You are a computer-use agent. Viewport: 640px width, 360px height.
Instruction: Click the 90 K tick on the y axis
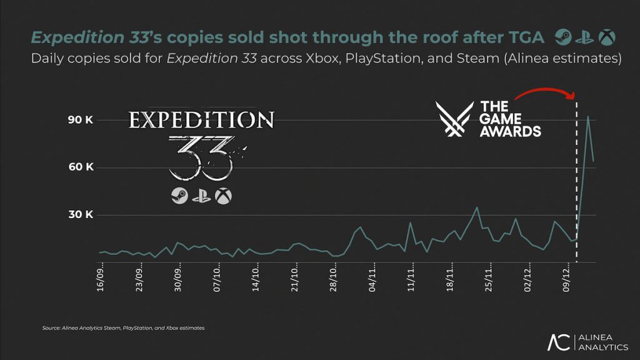[80, 120]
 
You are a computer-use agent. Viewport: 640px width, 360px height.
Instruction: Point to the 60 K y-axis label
[80, 167]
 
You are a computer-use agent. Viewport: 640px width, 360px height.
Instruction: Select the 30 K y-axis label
[80, 215]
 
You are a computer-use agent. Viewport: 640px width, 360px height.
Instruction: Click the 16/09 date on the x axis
[101, 280]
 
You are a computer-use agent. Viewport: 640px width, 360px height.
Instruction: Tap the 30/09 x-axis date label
[179, 280]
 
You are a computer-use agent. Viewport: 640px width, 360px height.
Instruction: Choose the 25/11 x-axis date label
[490, 280]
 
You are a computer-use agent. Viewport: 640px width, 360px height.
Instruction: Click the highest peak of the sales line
[587, 116]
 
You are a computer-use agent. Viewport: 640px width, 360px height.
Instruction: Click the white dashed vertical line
[576, 187]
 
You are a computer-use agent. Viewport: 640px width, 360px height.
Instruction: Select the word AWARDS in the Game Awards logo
[510, 132]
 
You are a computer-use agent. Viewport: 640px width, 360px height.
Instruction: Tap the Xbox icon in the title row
[606, 38]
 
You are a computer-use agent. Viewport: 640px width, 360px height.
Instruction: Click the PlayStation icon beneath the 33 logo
[201, 196]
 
